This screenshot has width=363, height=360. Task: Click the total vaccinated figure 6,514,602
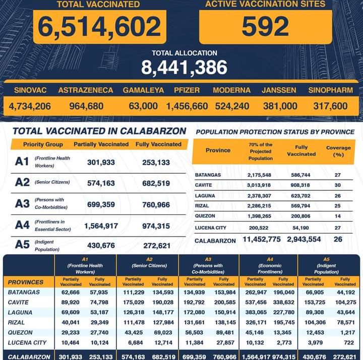(99, 27)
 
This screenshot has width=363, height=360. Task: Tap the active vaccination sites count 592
(265, 27)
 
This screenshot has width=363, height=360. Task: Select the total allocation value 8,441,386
(184, 67)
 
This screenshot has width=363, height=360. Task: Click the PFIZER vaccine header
(187, 91)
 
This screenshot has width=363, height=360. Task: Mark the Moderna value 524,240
(232, 106)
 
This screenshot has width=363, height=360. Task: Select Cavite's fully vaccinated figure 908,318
(301, 185)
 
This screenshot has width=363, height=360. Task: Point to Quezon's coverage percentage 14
(337, 215)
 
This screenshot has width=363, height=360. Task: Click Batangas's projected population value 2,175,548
(261, 175)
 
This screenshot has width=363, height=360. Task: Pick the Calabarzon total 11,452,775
(261, 240)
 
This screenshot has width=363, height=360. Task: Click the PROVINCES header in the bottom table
(26, 282)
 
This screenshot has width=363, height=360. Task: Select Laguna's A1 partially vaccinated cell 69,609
(71, 312)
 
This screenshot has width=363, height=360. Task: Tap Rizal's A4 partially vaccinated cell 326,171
(255, 322)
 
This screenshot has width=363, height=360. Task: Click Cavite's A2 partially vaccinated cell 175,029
(133, 302)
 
